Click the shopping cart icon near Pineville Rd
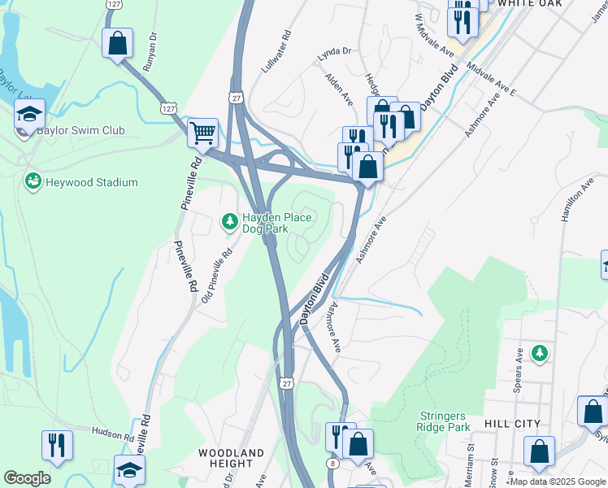tap(202, 133)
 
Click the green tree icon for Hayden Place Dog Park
tap(230, 220)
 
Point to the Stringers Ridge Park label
tap(443, 420)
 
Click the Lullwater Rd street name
tap(276, 54)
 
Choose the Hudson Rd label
tap(112, 435)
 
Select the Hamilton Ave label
tap(573, 203)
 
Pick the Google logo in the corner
tap(27, 478)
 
